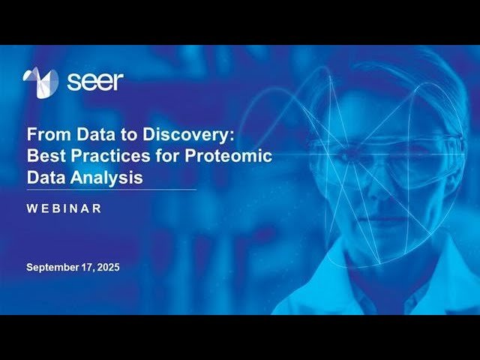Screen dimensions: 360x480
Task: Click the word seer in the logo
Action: coord(94,81)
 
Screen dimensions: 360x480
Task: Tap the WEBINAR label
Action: coord(64,208)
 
